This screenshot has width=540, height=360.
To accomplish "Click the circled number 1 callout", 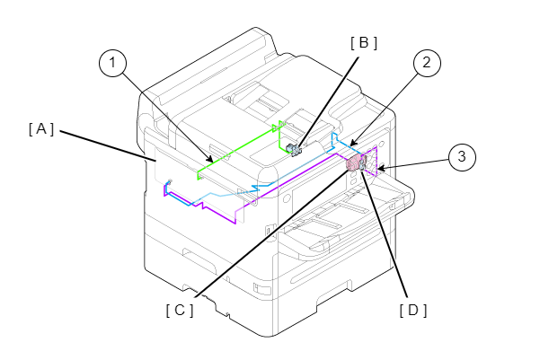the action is coord(112,63).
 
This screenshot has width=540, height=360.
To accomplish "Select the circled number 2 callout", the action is coord(427,63).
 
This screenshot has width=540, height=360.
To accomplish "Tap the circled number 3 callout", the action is coord(462,156).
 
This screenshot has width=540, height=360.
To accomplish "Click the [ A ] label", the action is coord(41,129).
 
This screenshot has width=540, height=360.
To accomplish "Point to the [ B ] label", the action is coord(364,43).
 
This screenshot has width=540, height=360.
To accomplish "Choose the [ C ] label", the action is coord(180,311).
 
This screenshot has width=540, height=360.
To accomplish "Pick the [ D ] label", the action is coord(413,311).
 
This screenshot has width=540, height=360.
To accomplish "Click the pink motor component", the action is coord(353,162).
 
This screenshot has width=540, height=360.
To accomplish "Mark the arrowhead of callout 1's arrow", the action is coord(209,159).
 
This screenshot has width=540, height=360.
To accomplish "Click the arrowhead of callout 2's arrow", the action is coord(353,143).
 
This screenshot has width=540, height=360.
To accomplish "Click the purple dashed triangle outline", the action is coord(372,161).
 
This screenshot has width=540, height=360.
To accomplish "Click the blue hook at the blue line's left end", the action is coord(168,183).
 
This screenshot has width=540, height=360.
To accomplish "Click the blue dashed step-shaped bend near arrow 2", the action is coord(335,138).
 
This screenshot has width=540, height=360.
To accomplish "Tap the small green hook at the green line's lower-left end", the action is coord(199,176).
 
